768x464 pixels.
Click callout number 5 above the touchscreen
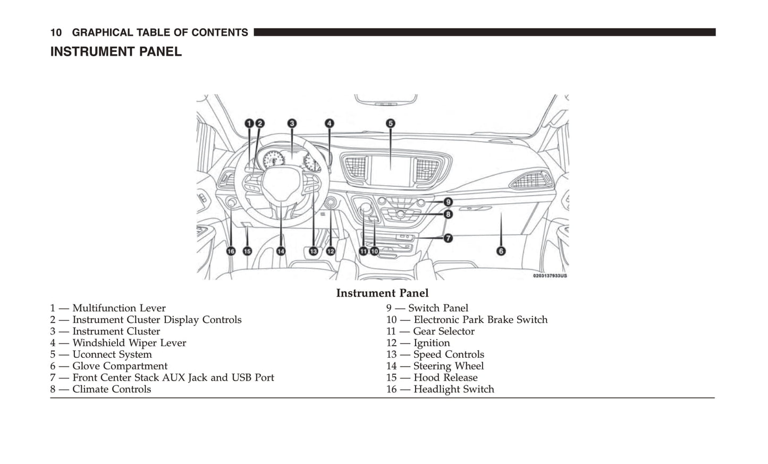point(390,124)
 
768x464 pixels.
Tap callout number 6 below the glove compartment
point(501,251)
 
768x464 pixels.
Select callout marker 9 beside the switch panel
point(448,202)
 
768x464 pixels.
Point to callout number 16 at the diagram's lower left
point(231,251)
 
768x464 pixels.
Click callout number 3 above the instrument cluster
point(292,124)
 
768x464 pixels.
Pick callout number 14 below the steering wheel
point(281,251)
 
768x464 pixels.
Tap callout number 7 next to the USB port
point(448,238)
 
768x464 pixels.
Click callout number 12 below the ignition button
point(330,251)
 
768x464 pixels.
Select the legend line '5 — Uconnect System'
point(101,355)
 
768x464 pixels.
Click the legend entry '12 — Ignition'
point(418,343)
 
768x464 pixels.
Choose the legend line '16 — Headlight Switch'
point(440,389)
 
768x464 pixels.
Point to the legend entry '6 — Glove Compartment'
point(109,366)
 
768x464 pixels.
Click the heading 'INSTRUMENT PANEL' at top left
point(116,52)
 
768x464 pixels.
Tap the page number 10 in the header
point(56,33)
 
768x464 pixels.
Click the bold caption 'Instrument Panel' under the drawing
point(382,293)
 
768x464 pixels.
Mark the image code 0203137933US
point(550,276)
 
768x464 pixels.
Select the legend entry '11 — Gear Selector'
point(430,331)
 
